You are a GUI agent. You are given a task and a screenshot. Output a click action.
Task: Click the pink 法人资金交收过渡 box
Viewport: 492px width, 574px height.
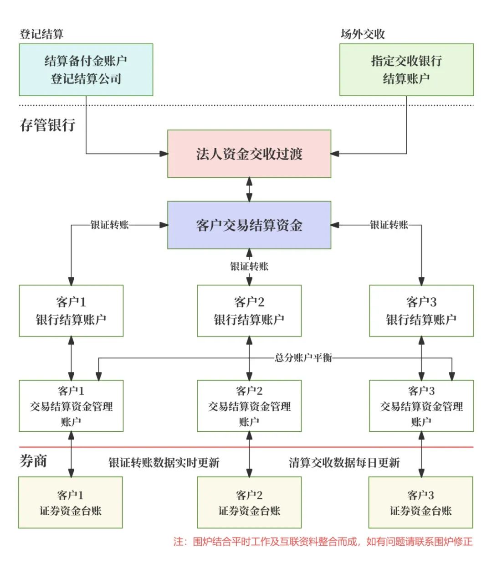(249, 154)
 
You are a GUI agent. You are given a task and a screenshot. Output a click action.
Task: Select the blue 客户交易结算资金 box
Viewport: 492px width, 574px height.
(249, 225)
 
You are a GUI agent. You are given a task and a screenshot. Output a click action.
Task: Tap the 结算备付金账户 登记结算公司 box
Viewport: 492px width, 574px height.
(86, 70)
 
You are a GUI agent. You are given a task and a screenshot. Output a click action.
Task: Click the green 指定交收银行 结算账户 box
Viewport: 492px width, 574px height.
(406, 70)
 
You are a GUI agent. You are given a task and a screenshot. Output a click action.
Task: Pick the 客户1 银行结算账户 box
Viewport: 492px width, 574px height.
(71, 311)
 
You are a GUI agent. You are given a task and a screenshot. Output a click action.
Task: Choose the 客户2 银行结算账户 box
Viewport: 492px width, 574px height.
(249, 311)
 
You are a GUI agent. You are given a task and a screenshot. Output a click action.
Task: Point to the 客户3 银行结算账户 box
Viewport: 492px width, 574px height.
(421, 311)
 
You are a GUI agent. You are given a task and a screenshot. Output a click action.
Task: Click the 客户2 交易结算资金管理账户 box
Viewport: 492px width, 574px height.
(249, 406)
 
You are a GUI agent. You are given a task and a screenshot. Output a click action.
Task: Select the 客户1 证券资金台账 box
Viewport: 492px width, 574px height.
(71, 502)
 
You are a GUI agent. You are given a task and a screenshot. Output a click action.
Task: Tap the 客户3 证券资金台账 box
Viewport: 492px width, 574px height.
(420, 502)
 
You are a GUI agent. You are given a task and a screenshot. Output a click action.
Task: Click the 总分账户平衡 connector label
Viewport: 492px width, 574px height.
(303, 358)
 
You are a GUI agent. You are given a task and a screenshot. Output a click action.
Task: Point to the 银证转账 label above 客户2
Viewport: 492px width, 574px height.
(249, 266)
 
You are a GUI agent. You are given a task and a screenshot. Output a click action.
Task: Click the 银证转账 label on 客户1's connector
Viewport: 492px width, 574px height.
(110, 225)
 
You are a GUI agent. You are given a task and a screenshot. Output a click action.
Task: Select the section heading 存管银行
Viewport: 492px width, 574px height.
(47, 125)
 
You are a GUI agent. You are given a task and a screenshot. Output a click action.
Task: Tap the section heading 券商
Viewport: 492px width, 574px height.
(33, 461)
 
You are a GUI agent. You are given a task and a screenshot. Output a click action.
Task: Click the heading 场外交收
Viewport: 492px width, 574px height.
(363, 34)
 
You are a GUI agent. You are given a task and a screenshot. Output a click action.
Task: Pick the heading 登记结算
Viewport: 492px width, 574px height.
(41, 34)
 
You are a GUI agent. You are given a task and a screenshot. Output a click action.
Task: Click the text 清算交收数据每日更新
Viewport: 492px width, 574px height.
(344, 463)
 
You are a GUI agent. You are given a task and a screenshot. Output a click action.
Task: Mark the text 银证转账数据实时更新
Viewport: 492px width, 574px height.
(164, 463)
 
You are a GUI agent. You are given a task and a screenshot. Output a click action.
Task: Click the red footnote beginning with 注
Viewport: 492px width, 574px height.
(323, 542)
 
